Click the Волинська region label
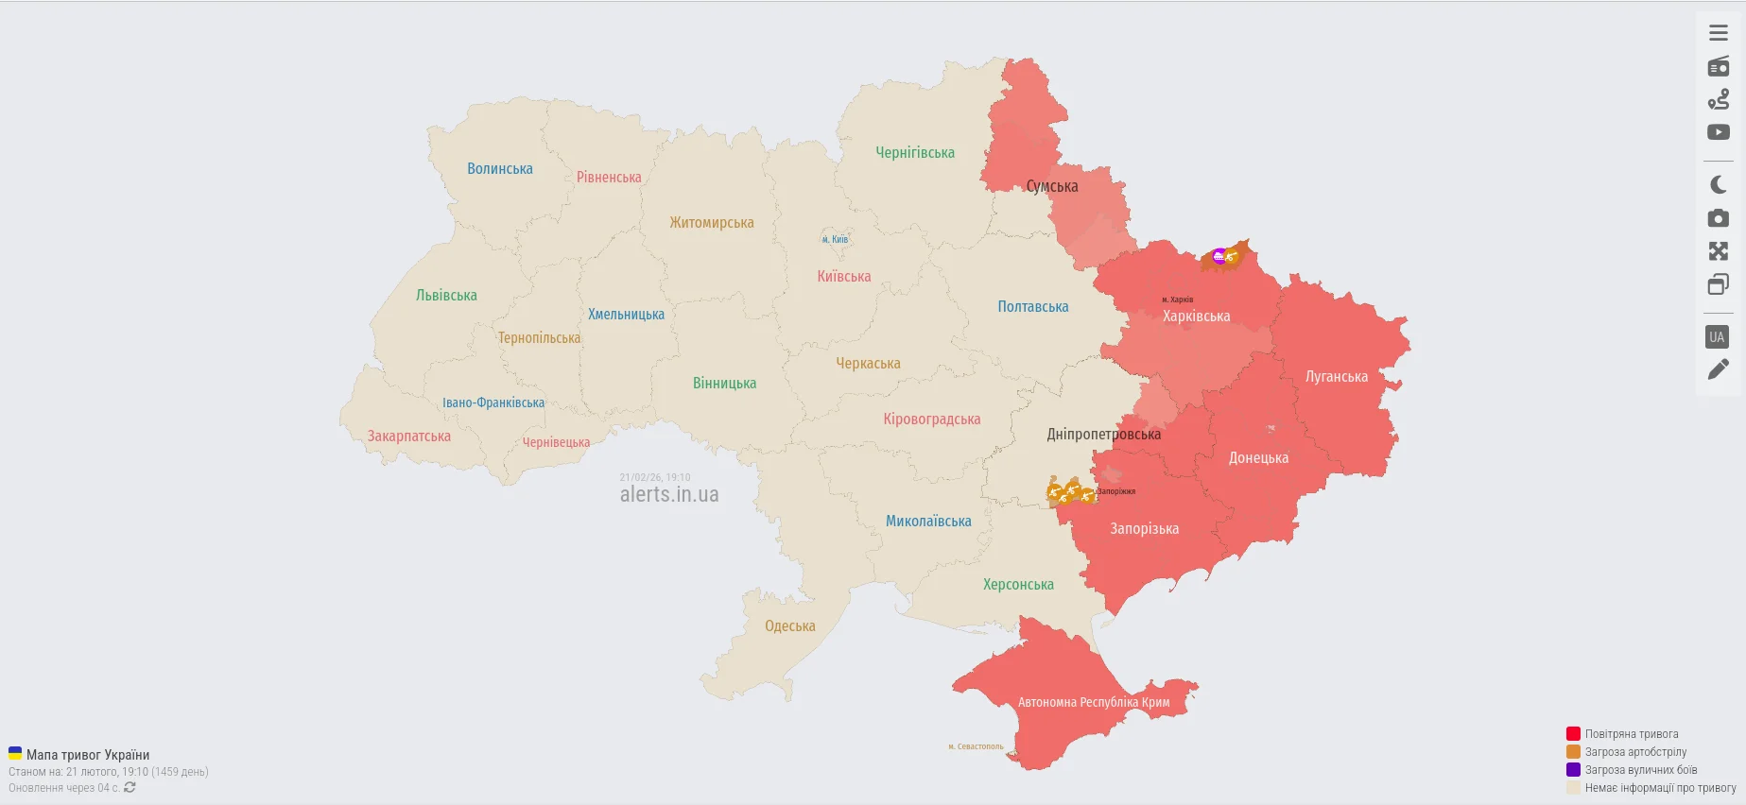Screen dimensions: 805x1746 [x=499, y=169]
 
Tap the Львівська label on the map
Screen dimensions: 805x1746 [x=446, y=296]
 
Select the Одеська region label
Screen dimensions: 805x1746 [x=789, y=626]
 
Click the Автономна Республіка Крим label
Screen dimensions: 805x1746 [x=1093, y=702]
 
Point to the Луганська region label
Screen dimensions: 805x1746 [x=1336, y=377]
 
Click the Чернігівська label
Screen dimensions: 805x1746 [x=914, y=153]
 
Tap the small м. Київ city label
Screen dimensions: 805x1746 [x=835, y=240]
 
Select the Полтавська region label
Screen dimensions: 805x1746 [x=1032, y=307]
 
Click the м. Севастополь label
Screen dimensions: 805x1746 [x=976, y=746]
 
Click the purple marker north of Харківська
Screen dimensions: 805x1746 [x=1219, y=255]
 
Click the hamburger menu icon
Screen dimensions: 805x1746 [x=1718, y=33]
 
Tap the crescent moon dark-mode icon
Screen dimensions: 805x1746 [x=1718, y=185]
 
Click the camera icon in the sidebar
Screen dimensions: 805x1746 [x=1718, y=218]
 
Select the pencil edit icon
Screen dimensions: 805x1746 [x=1718, y=369]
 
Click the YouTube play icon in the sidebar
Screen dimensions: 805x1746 [x=1718, y=132]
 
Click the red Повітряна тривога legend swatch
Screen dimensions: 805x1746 [x=1573, y=734]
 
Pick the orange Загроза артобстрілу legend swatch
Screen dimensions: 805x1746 [x=1573, y=752]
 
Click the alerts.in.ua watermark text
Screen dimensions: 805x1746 [x=668, y=494]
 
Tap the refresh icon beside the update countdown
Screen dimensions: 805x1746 [x=130, y=787]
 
